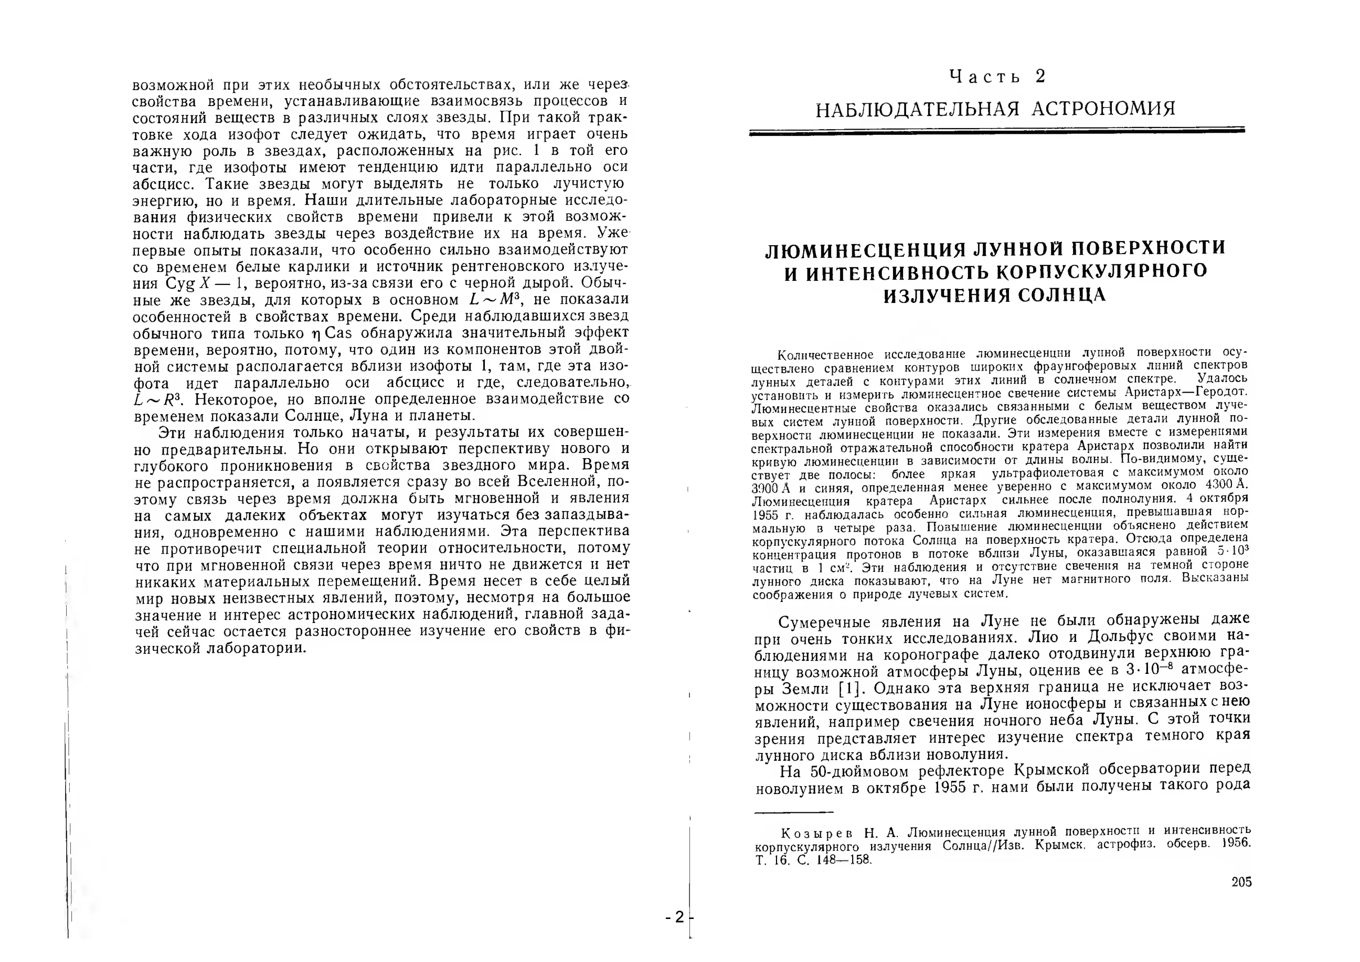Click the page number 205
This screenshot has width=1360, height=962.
[x=1241, y=882]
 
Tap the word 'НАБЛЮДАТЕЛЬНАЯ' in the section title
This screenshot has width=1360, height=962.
[x=917, y=110]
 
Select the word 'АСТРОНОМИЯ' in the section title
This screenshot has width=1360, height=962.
[x=1103, y=109]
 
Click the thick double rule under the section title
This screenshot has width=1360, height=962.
[x=997, y=132]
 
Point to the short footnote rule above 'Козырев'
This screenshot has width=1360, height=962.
[x=794, y=813]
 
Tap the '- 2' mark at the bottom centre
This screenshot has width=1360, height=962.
[x=675, y=917]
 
